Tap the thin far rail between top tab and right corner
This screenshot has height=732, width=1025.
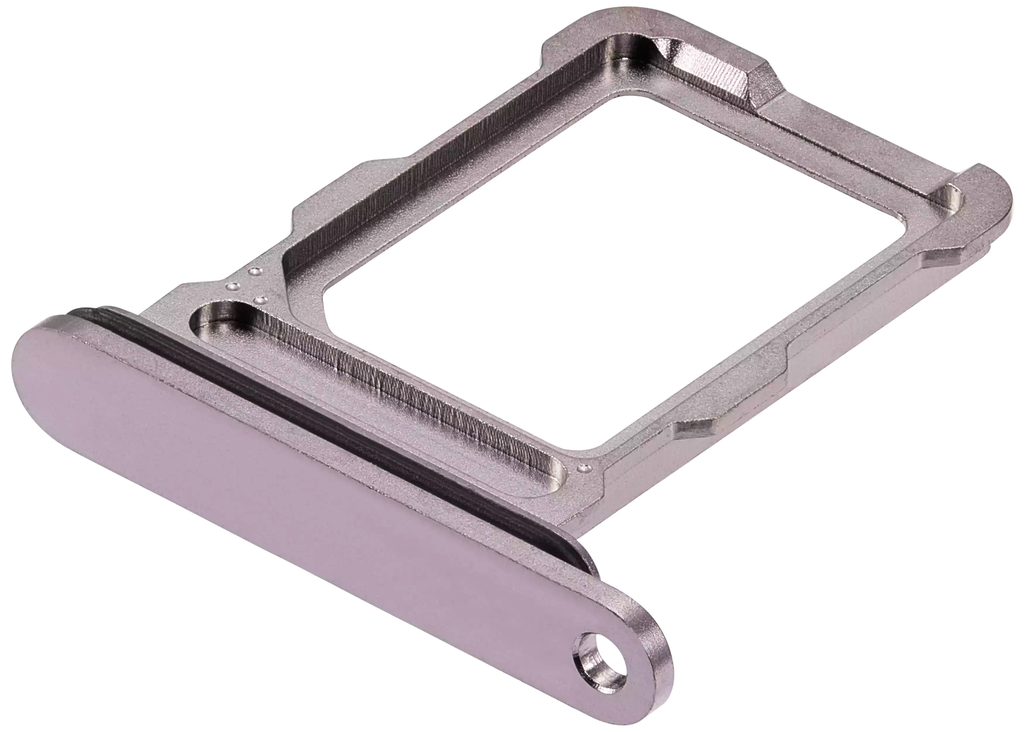coord(856,144)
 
